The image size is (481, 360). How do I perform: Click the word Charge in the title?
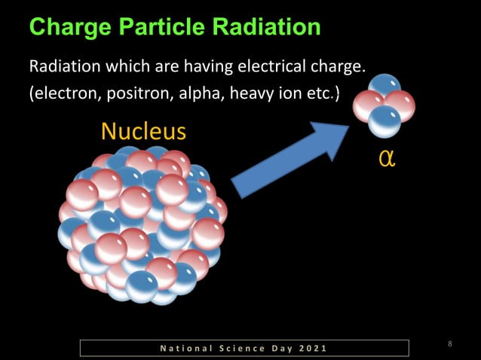pos(67,28)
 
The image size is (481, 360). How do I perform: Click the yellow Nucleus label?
pos(143,132)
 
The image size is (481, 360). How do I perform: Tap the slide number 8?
pos(450,344)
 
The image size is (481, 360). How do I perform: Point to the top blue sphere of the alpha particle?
pos(384,86)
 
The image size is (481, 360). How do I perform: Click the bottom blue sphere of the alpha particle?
pos(384,121)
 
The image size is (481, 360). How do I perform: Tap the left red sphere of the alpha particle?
pos(367,105)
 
